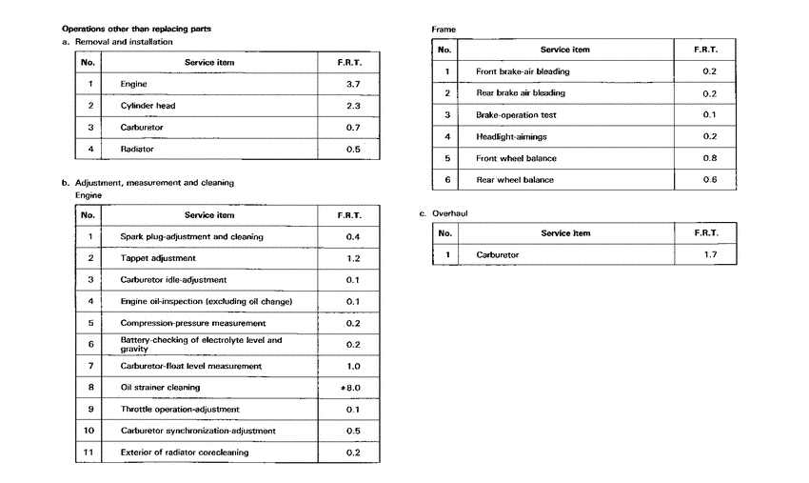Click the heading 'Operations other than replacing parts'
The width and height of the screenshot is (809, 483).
[135, 30]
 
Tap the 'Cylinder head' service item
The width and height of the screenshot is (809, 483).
[148, 106]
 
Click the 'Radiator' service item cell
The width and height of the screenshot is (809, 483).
[137, 149]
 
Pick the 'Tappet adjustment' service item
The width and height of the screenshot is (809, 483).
[158, 258]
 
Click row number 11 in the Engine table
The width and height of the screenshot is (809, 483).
[89, 453]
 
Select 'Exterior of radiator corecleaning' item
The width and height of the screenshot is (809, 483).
[185, 453]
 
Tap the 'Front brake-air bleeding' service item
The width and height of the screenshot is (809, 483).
[523, 71]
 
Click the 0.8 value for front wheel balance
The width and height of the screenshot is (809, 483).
[709, 158]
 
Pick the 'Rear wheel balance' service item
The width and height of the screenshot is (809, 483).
[515, 180]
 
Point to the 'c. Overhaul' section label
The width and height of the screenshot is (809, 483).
[445, 214]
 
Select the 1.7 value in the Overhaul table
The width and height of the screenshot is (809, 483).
[710, 254]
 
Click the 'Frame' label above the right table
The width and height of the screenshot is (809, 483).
[444, 30]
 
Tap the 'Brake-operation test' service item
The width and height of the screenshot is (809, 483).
[516, 115]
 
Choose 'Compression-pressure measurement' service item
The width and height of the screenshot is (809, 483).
[193, 323]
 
